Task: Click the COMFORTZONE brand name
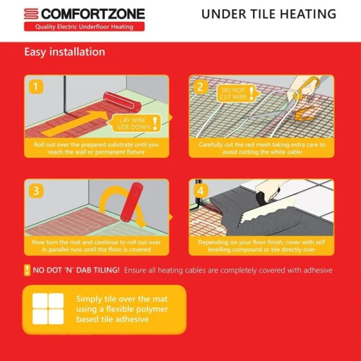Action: click(x=93, y=14)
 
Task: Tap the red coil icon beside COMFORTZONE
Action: click(x=31, y=14)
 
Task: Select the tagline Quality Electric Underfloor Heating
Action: click(x=84, y=27)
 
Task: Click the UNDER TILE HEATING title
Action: click(x=269, y=14)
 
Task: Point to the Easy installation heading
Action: click(x=64, y=52)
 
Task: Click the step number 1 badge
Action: click(x=36, y=87)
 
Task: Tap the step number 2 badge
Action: click(x=200, y=87)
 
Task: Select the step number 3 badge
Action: click(x=36, y=191)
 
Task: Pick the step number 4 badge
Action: click(x=200, y=191)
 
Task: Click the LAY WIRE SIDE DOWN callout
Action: click(x=135, y=123)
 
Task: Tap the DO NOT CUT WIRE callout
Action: click(x=237, y=93)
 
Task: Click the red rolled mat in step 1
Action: click(x=122, y=101)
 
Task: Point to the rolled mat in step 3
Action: click(x=132, y=201)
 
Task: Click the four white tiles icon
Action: click(x=48, y=308)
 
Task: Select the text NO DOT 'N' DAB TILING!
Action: click(x=76, y=270)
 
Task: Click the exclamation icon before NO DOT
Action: click(x=27, y=270)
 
